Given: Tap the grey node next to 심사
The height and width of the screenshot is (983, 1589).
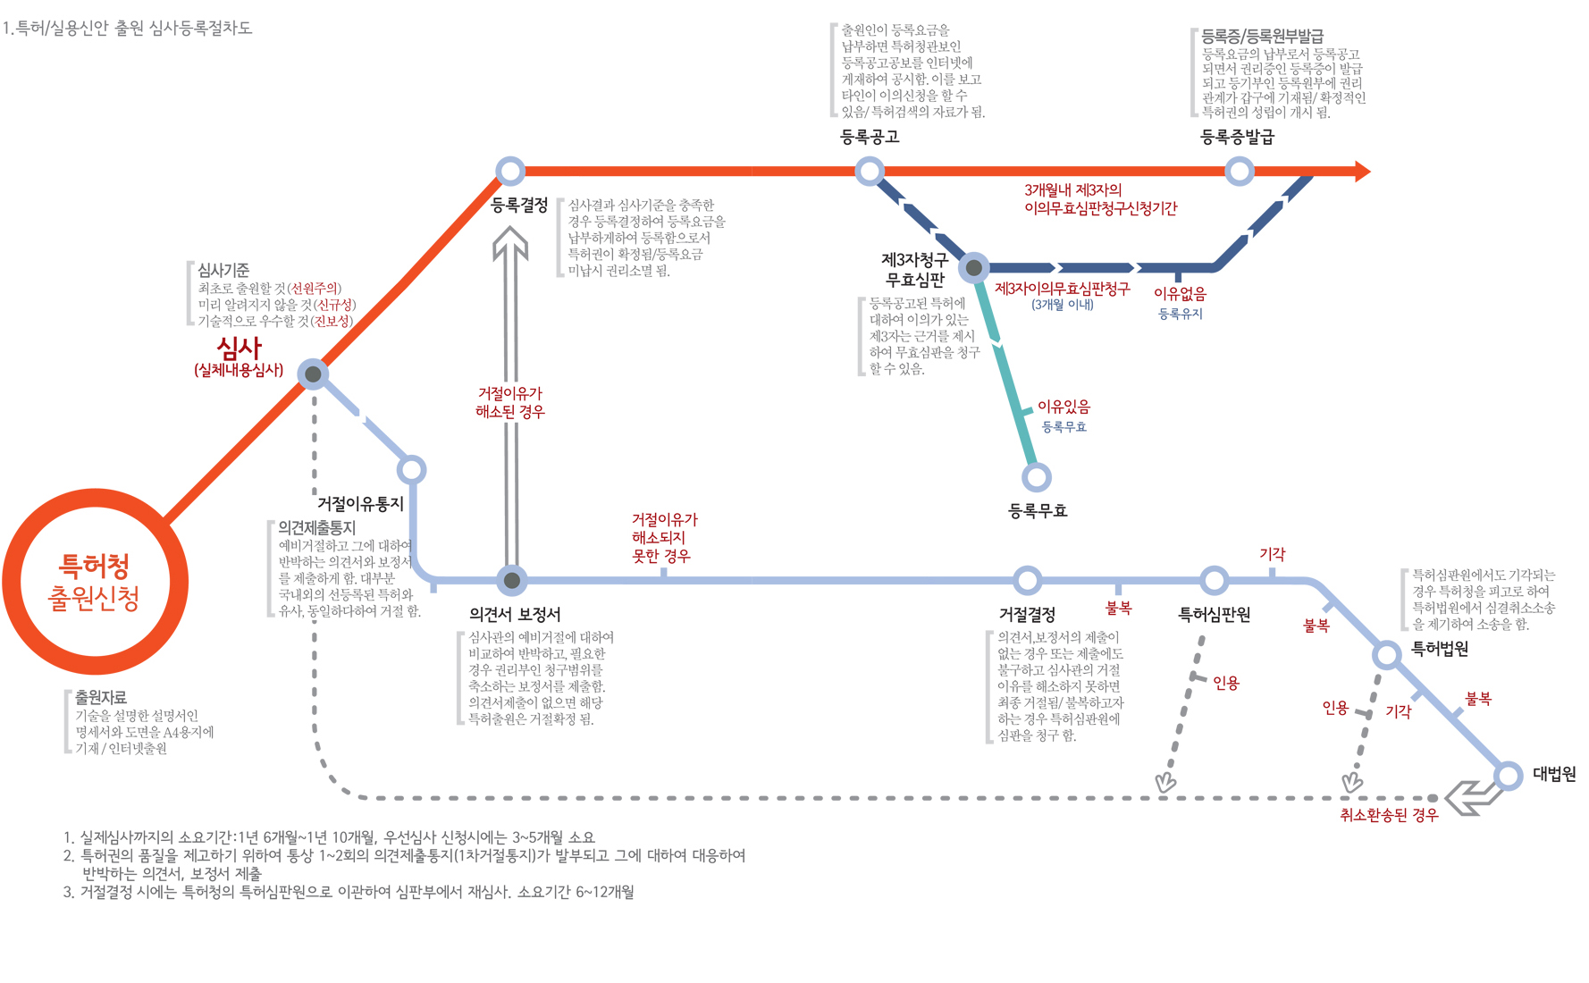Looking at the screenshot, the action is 313,374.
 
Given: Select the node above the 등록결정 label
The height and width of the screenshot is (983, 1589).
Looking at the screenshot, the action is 510,171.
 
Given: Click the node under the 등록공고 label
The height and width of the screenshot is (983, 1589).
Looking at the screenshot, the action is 870,171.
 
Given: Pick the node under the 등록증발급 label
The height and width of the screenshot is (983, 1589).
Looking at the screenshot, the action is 1239,171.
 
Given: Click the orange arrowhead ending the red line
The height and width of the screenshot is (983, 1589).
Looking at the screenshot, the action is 1362,171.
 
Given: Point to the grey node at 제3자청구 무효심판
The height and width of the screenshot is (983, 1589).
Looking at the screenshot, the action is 974,267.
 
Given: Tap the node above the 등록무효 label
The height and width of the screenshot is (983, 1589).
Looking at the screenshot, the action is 1037,477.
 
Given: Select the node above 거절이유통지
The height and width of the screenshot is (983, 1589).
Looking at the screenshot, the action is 411,469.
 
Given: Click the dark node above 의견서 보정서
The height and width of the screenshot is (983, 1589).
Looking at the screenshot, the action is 511,580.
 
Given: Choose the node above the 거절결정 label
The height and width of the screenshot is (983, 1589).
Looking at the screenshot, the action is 1028,580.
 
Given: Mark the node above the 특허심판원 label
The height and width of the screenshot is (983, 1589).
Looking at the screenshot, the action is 1214,580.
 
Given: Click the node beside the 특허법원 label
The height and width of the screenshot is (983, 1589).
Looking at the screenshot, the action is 1386,654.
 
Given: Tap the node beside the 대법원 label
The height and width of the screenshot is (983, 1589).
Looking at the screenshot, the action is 1509,775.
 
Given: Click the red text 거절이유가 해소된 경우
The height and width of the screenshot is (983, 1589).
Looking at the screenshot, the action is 510,402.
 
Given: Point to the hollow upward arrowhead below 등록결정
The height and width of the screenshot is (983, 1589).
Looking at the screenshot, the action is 510,242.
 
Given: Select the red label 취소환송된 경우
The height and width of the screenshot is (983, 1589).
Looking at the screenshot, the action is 1389,815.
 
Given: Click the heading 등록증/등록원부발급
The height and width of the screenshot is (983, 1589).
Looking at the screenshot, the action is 1262,37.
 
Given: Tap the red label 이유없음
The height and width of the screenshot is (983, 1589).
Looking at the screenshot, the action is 1180,293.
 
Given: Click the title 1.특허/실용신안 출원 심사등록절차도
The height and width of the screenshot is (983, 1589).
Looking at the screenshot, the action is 127,28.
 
